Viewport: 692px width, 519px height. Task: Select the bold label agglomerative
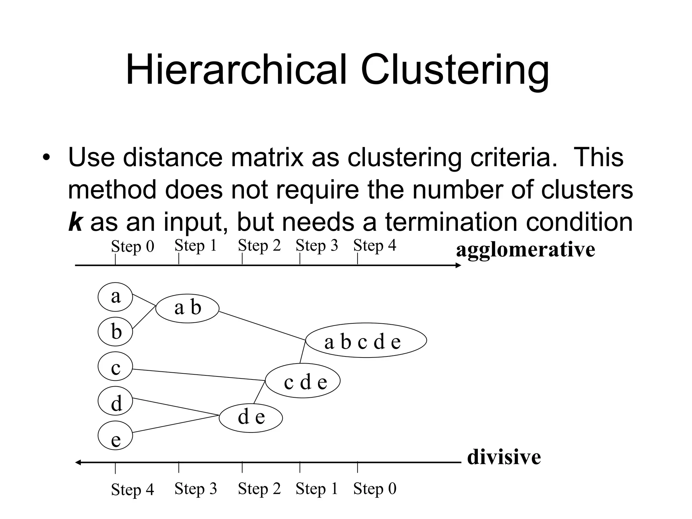click(x=525, y=250)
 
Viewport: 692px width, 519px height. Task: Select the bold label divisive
click(x=504, y=457)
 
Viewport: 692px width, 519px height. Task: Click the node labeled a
click(x=115, y=297)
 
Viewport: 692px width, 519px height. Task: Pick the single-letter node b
click(x=115, y=331)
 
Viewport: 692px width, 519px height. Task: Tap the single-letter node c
click(x=115, y=366)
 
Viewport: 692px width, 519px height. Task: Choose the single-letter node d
click(x=115, y=401)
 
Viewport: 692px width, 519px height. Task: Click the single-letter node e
click(x=115, y=436)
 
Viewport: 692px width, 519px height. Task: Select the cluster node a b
click(x=187, y=308)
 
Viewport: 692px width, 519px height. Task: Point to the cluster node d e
click(x=251, y=418)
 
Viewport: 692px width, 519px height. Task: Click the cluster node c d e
click(x=303, y=381)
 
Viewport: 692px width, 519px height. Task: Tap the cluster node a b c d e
click(x=366, y=341)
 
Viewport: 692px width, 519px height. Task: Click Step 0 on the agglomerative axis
click(x=132, y=247)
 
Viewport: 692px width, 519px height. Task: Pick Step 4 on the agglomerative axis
click(x=374, y=246)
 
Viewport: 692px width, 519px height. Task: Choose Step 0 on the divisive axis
click(x=374, y=489)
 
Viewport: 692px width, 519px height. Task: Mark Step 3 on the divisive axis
click(x=196, y=489)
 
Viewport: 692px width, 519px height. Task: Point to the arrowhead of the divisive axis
click(x=78, y=463)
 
